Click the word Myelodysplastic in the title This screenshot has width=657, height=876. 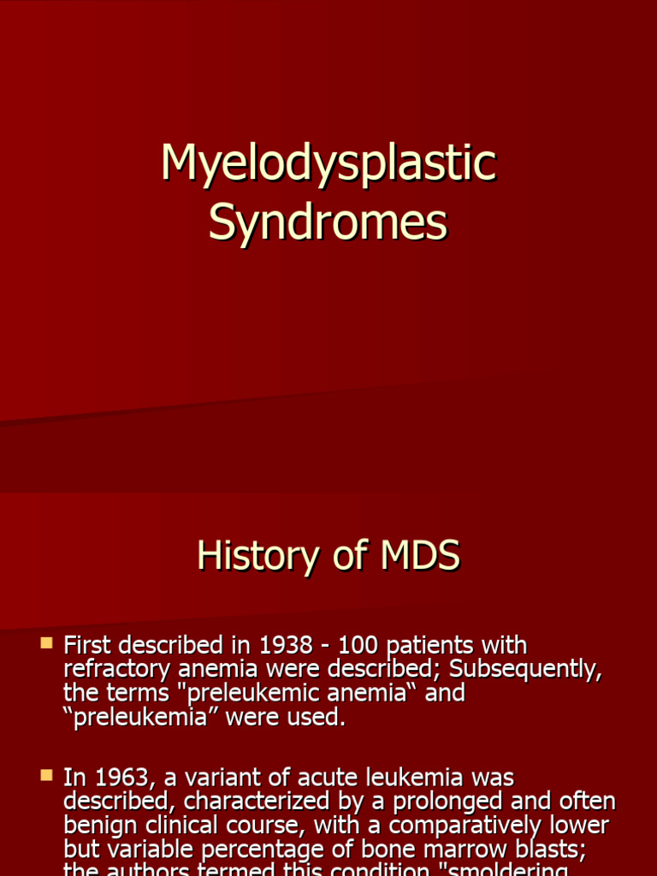(328, 164)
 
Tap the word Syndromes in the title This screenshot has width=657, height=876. (328, 222)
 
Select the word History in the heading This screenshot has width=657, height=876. (248, 556)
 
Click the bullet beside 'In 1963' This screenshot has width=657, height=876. (47, 776)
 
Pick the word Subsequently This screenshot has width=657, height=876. (530, 669)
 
